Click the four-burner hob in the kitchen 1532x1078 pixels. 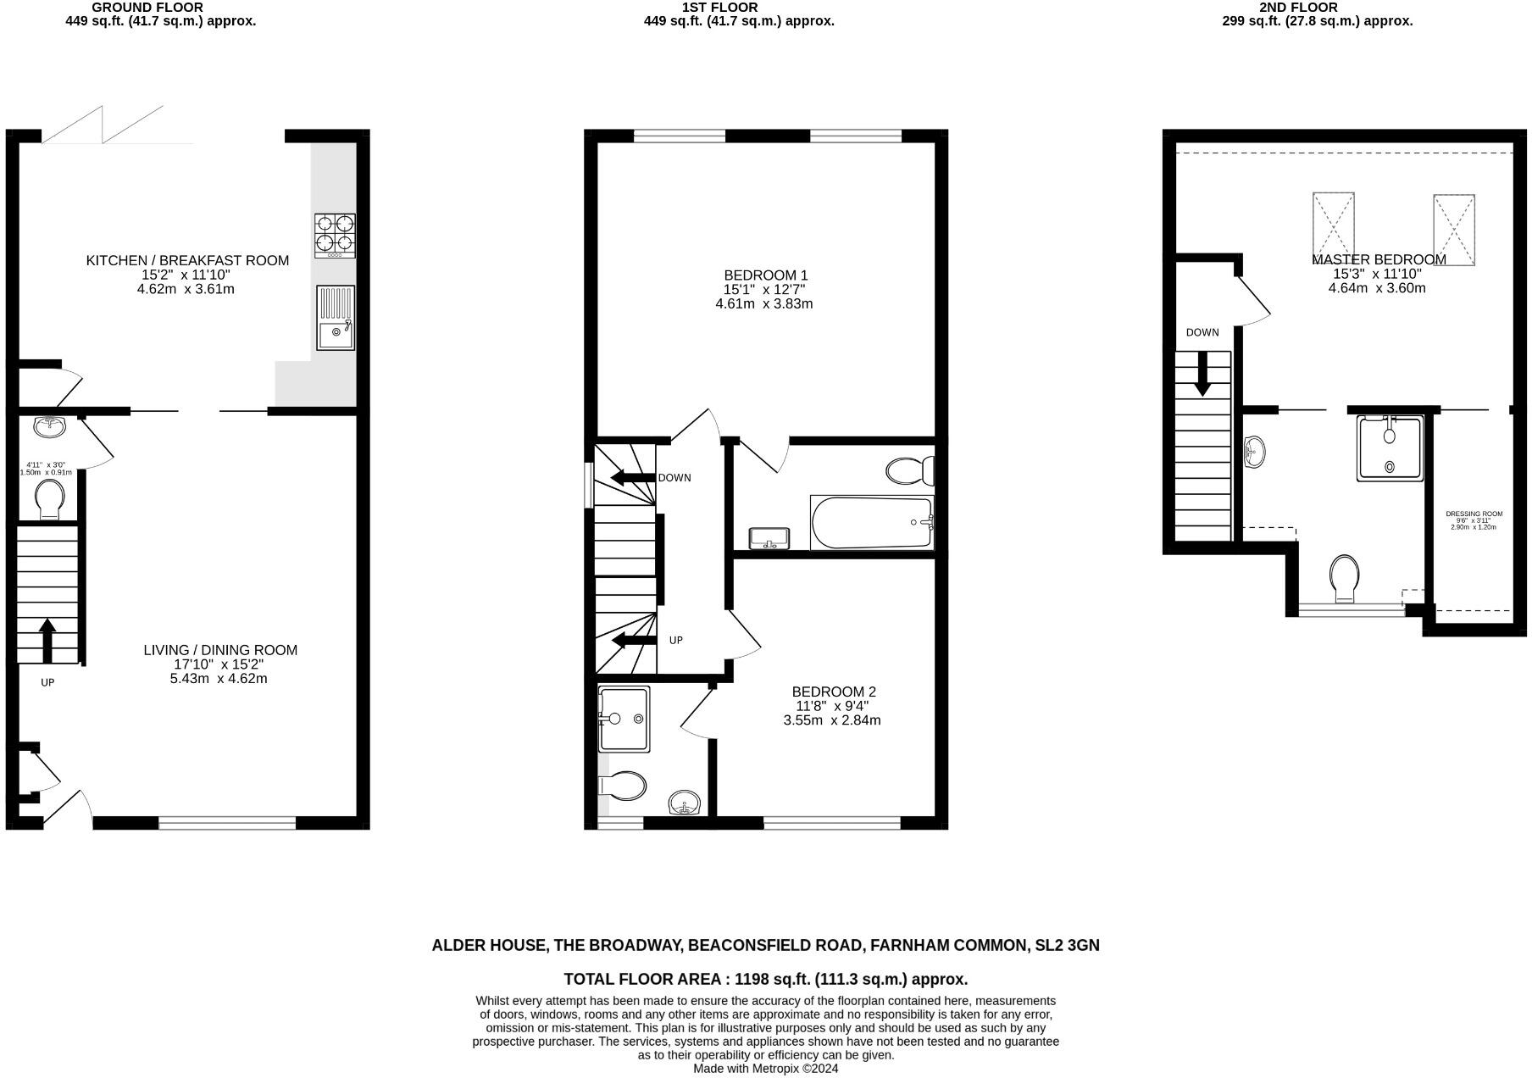tap(336, 235)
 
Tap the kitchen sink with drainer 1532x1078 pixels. tap(336, 318)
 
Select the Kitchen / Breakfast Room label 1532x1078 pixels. tap(187, 260)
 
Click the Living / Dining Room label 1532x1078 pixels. tap(220, 650)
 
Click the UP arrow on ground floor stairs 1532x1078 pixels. tap(47, 641)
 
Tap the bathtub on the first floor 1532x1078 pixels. tap(872, 523)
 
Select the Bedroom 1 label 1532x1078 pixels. tap(765, 275)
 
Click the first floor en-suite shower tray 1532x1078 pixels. tap(624, 720)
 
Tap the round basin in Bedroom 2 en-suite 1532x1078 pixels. tap(685, 802)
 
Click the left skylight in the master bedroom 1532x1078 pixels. tap(1333, 228)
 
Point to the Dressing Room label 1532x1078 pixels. tap(1474, 514)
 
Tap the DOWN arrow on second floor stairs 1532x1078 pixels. tap(1202, 374)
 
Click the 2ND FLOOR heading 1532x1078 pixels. tap(1297, 8)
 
